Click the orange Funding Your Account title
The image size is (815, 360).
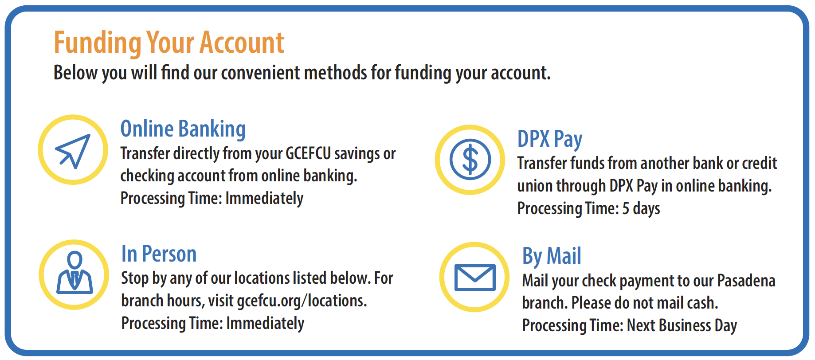[x=169, y=43]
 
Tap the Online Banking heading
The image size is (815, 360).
[x=183, y=129]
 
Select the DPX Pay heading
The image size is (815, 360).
[x=550, y=139]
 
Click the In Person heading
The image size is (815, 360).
[x=159, y=254]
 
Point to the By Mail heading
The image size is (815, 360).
[x=552, y=256]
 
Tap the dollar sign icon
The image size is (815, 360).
[x=470, y=160]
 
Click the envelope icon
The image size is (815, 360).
[x=475, y=278]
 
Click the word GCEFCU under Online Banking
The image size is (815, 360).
[x=308, y=153]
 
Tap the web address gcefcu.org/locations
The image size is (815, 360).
[x=302, y=301]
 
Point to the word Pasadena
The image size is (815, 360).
[x=746, y=281]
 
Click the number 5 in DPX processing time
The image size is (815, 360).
[x=626, y=208]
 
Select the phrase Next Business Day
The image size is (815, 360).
[x=682, y=326]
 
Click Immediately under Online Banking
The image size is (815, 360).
[x=264, y=199]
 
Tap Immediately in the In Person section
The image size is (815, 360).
[x=265, y=324]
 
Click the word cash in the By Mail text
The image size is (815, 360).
[x=702, y=303]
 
